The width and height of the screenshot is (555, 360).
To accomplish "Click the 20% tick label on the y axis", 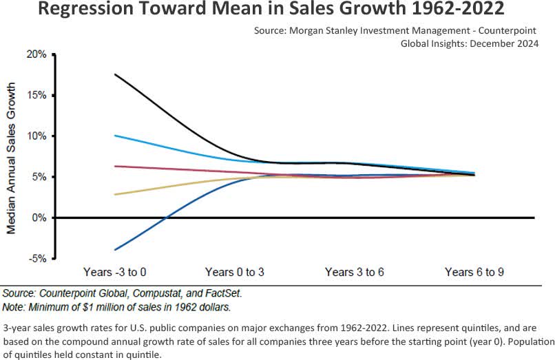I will pos(37,54).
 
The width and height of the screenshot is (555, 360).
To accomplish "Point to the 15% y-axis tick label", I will pos(37,95).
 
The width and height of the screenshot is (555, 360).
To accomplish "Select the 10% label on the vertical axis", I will pos(37,136).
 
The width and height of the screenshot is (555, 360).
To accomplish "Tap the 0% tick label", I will pos(39,218).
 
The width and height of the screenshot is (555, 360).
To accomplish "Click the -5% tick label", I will pos(38,259).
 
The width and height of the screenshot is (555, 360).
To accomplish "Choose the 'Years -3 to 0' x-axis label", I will pos(114,273).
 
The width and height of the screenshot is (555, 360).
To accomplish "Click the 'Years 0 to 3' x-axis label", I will pos(235,273).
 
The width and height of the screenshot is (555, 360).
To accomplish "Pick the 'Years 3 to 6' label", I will pos(355,273).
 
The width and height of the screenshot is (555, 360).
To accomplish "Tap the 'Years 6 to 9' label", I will pos(474,273).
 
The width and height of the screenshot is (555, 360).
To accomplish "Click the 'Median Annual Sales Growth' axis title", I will pos(12,157).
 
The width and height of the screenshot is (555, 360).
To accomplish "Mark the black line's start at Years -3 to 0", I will pos(115,74).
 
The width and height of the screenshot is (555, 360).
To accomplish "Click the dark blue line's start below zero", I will pos(115,249).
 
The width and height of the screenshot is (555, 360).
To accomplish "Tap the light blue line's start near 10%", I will pos(115,136).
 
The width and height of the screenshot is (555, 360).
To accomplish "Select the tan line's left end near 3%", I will pos(115,194).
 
